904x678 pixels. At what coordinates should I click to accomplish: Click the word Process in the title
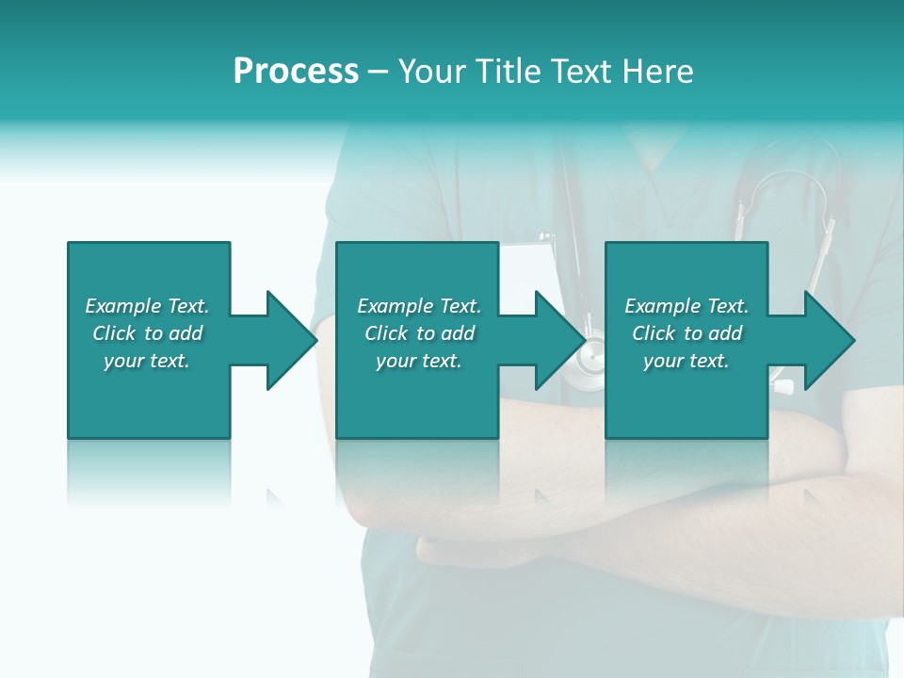point(296,72)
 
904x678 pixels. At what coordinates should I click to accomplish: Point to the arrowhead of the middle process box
point(559,340)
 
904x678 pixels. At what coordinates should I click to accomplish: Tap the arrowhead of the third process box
point(829,340)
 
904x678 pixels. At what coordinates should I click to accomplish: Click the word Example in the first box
point(123,306)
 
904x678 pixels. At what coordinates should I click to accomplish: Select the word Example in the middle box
point(395,306)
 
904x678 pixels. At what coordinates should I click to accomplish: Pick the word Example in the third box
point(663,306)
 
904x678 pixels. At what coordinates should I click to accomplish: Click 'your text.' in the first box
point(147,361)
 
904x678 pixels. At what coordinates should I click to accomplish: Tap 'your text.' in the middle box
point(419,361)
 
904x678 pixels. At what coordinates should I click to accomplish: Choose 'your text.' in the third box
point(686,361)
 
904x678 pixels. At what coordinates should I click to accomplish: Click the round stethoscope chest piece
point(591,363)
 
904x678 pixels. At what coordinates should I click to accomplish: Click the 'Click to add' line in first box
point(147,333)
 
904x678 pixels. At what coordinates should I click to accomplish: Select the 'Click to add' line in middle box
point(419,333)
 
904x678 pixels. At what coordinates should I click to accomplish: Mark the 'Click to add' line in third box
point(686,333)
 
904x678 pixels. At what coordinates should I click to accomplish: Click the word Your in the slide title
point(429,72)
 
